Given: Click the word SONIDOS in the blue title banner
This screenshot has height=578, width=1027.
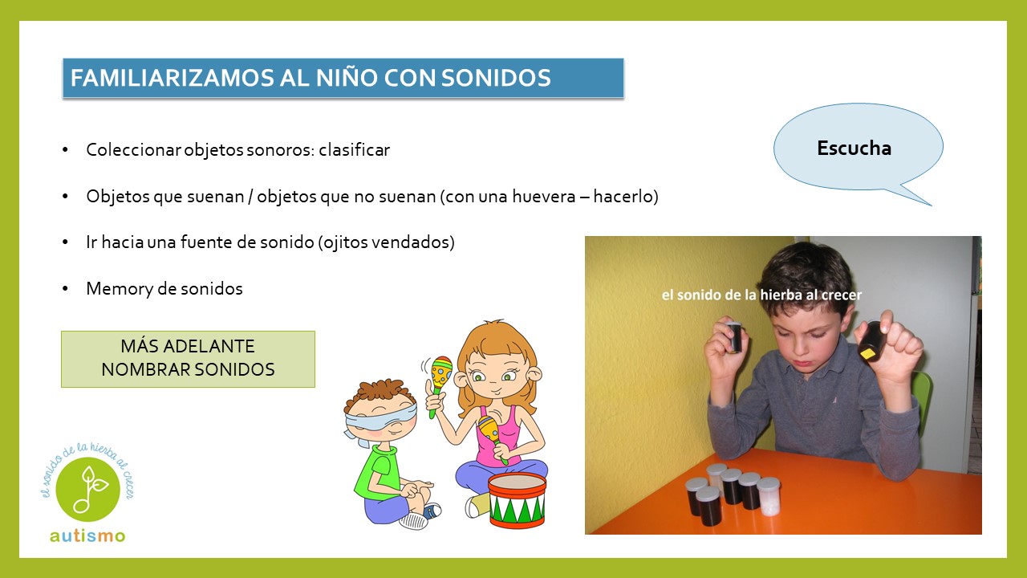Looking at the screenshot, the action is coord(496,78).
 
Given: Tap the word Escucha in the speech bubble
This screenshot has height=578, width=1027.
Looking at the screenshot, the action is coord(854,149).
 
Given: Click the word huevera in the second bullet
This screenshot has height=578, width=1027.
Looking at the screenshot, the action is coord(544,197).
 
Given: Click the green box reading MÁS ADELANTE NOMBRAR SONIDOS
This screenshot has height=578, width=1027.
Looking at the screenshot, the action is coord(188,359).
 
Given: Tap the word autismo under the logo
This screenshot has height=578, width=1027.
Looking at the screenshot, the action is coord(87,535).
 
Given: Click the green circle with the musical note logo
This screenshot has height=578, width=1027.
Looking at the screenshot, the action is coord(88,490).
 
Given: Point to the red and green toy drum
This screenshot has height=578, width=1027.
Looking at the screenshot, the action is coord(517,500).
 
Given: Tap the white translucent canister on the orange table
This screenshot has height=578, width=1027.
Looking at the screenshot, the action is coord(768,496).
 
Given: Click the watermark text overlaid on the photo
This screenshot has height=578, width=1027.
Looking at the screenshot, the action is coord(761,295).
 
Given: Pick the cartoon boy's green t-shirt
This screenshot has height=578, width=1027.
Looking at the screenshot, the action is coord(377,473).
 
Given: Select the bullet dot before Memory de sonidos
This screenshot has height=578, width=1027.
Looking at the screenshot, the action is coord(65,288).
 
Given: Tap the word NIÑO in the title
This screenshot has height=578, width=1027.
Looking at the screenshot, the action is coord(346,78).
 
